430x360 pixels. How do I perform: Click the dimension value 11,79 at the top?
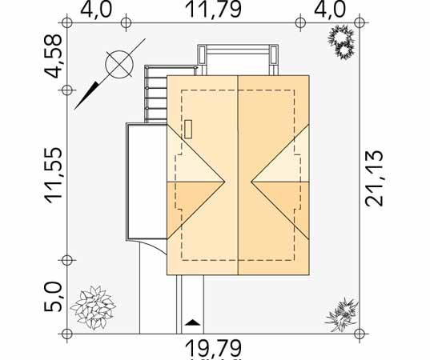(x=214, y=9)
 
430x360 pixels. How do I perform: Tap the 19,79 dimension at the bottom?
(x=214, y=349)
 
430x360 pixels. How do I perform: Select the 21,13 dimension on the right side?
(x=374, y=178)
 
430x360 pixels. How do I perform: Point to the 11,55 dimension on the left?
(x=53, y=176)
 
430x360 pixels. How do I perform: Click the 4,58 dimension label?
(x=53, y=56)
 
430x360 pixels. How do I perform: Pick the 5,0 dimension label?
(x=53, y=297)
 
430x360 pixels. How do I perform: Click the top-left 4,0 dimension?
(x=96, y=9)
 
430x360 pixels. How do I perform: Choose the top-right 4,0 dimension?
(x=329, y=9)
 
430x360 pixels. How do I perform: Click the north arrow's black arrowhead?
(x=86, y=95)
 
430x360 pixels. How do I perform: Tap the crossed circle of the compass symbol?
(x=119, y=64)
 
